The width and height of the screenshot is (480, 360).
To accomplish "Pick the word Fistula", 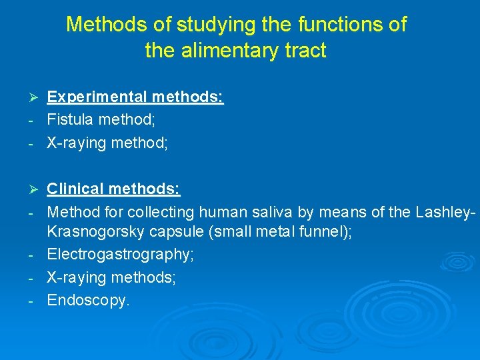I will point(70,120).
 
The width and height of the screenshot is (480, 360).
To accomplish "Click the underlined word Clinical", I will point(75,189).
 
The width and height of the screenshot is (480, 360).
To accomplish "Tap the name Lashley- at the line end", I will point(445,212).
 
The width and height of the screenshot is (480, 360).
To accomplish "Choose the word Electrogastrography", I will point(120,255).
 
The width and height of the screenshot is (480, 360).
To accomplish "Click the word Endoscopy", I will point(89,301).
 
